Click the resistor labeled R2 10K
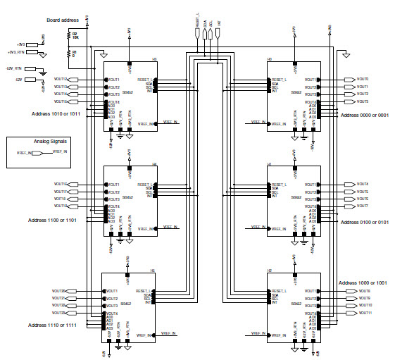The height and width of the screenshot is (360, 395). [x=70, y=35]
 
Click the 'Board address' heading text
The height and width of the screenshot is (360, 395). [x=63, y=20]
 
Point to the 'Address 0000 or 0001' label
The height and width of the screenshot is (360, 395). [x=364, y=114]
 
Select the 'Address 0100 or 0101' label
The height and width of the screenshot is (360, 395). [x=364, y=221]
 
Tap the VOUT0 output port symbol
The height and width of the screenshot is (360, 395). [x=350, y=79]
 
